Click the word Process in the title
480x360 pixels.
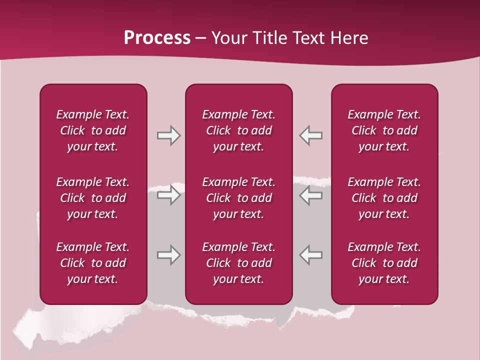click(157, 38)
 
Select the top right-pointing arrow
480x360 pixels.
click(168, 135)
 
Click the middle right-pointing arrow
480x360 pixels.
click(168, 195)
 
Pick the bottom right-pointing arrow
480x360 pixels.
click(168, 255)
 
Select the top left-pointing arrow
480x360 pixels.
click(311, 135)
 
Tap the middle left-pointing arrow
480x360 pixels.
click(311, 195)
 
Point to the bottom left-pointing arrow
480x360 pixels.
click(311, 255)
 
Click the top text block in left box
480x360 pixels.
click(93, 130)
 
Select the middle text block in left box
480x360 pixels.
click(93, 198)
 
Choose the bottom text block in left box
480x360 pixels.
click(93, 263)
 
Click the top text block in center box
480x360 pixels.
click(238, 130)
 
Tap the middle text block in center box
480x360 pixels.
click(238, 198)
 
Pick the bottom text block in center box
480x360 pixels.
click(238, 263)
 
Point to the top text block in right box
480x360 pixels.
click(384, 130)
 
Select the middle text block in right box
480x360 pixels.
click(384, 198)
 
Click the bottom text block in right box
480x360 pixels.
click(384, 263)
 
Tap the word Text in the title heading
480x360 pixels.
click(309, 38)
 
